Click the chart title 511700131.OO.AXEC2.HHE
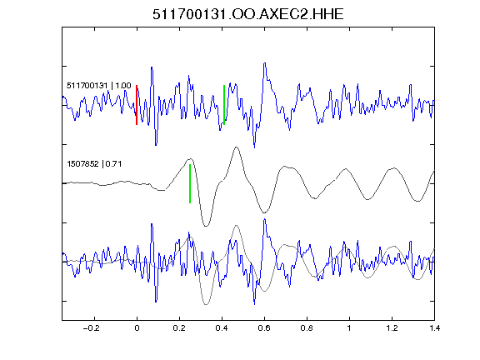(248, 14)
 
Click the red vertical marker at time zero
(137, 105)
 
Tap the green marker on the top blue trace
(224, 105)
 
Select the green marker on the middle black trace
(190, 183)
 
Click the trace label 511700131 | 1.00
(99, 86)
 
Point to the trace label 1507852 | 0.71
(94, 164)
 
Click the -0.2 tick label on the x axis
(91, 328)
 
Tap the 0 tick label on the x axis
(137, 328)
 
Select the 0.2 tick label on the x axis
(179, 328)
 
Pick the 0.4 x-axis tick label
(222, 328)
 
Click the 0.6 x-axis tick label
(264, 328)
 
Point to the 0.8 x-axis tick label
(307, 328)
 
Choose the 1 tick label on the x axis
(349, 328)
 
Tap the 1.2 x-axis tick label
(392, 328)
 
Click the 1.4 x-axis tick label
(434, 328)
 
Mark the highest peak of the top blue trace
(265, 63)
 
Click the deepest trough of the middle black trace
(206, 226)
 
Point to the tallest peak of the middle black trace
(236, 147)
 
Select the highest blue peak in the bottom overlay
(265, 219)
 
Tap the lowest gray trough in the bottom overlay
(206, 304)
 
